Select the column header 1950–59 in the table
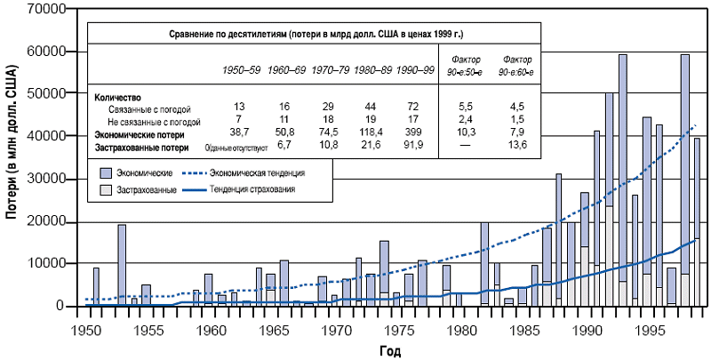click(241, 69)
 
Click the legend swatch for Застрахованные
click(105, 189)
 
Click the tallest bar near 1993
click(623, 178)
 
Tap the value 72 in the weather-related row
click(413, 108)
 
